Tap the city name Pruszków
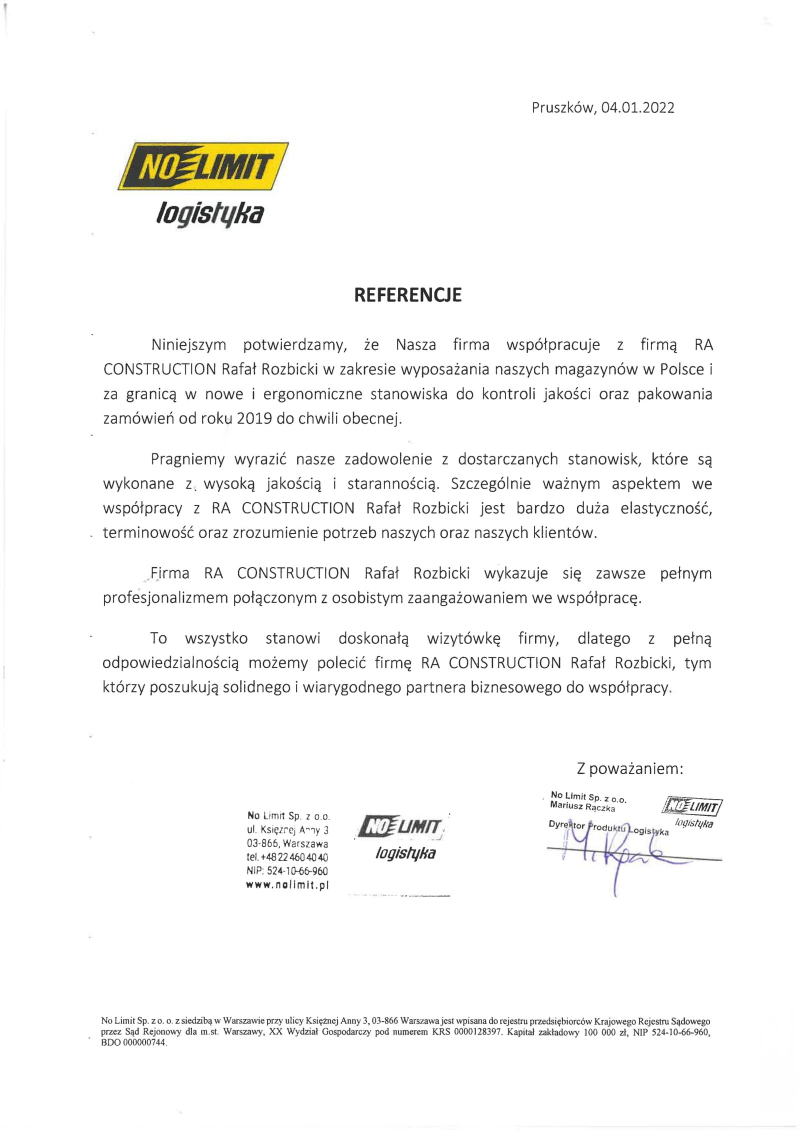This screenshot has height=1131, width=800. click(562, 108)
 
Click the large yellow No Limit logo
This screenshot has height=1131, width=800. click(203, 166)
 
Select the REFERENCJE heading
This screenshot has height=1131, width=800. click(407, 295)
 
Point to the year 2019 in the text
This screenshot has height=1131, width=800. click(254, 418)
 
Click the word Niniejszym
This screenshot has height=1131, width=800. click(188, 345)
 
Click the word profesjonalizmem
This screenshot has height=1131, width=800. click(164, 598)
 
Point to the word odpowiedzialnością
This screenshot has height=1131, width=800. click(170, 663)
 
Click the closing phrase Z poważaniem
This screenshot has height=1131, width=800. click(629, 768)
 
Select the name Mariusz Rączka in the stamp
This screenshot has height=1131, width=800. click(582, 806)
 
